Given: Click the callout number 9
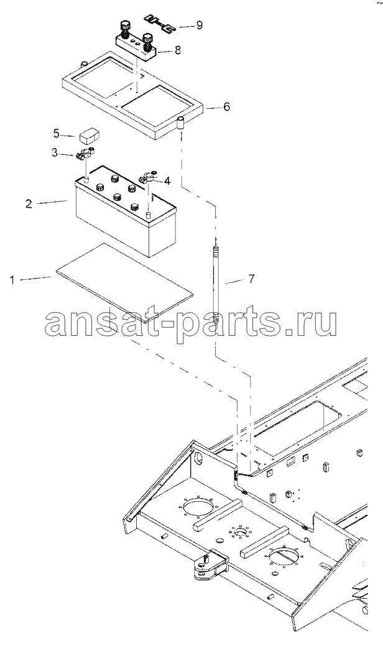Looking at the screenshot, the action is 200,25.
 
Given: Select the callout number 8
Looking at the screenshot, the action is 177,50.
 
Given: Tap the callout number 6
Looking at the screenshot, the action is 226,107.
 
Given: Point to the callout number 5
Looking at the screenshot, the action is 57,133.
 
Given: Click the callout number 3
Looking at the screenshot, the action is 55,154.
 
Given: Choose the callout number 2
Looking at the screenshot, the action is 29,204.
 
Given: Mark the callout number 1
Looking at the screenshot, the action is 12,280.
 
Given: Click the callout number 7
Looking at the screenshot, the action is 251,279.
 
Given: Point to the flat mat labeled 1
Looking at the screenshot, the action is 124,277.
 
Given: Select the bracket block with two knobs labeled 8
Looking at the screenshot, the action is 136,42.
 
